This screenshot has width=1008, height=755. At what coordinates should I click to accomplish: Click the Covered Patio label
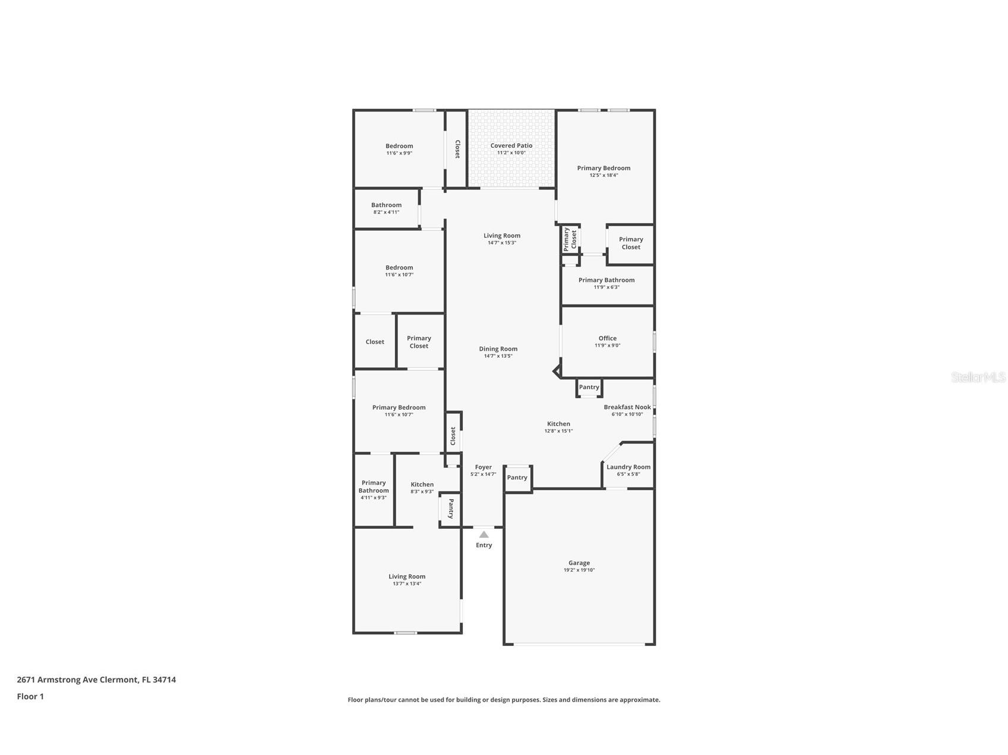[511, 145]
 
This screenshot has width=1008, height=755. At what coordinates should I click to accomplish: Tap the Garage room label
[579, 563]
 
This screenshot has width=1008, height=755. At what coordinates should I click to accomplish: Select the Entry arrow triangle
[484, 535]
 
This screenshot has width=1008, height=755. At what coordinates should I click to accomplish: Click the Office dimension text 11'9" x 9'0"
[607, 345]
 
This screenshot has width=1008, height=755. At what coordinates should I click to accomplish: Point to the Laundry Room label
[628, 467]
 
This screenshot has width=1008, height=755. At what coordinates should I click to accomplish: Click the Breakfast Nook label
[627, 407]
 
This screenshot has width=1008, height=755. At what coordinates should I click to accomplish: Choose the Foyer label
[483, 467]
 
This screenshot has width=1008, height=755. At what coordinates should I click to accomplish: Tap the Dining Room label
[498, 349]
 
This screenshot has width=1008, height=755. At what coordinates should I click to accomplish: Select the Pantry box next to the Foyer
[517, 478]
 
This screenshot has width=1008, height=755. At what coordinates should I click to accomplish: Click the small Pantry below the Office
[589, 388]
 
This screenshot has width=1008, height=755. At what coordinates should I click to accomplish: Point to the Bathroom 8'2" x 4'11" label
[386, 205]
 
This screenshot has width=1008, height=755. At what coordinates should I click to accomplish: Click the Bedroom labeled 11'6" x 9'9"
[399, 146]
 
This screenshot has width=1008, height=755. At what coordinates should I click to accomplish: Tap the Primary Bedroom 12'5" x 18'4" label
[603, 169]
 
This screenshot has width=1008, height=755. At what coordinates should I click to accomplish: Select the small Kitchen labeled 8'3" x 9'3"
[422, 485]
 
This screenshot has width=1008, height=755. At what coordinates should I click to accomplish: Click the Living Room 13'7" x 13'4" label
[407, 577]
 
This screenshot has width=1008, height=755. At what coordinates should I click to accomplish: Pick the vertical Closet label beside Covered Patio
[457, 149]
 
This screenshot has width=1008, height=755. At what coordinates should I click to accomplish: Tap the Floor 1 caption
[30, 696]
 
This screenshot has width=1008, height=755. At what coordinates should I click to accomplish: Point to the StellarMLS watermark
[978, 377]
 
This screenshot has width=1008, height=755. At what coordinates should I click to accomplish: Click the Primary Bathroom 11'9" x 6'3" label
[606, 280]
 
